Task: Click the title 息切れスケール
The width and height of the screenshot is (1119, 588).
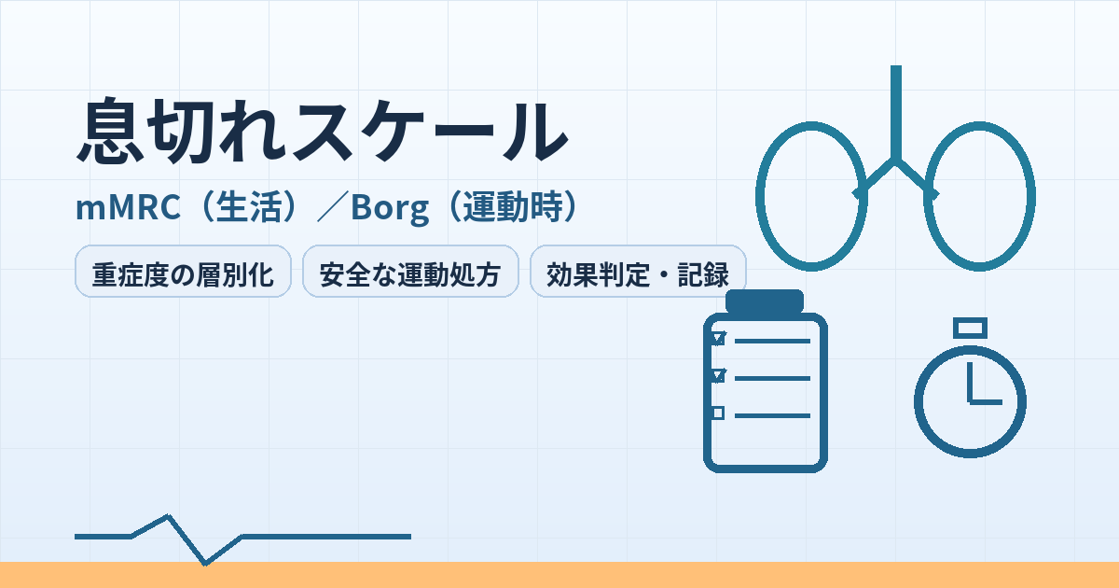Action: pyautogui.click(x=323, y=131)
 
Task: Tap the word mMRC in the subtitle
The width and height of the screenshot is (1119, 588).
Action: pyautogui.click(x=128, y=207)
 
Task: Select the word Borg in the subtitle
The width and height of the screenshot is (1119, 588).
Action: pyautogui.click(x=390, y=208)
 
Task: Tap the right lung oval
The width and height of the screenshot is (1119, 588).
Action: pyautogui.click(x=1031, y=196)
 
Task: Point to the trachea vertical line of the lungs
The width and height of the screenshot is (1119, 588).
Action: pyautogui.click(x=896, y=113)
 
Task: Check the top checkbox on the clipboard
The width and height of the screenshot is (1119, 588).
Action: pyautogui.click(x=718, y=339)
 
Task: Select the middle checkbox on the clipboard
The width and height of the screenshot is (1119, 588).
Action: pyautogui.click(x=718, y=375)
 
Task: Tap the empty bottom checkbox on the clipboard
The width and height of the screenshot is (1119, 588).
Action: pyautogui.click(x=718, y=413)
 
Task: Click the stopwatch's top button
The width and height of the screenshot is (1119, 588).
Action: pyautogui.click(x=970, y=329)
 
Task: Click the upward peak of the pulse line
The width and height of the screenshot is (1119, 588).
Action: pyautogui.click(x=169, y=516)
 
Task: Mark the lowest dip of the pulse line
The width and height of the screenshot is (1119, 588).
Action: pyautogui.click(x=205, y=564)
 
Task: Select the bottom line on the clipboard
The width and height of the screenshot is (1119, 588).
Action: pyautogui.click(x=772, y=415)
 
